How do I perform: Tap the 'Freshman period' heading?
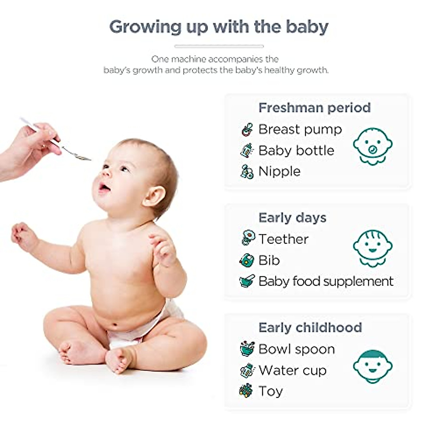coord(315,108)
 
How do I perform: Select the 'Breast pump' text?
coord(300,130)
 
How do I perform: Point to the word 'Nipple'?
coord(279,172)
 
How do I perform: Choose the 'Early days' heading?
coord(292,218)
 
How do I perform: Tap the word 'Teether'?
coord(284,239)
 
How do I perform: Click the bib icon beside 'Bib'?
coord(246,260)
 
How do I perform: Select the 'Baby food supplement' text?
coord(326,281)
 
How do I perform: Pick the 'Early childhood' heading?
coord(310,327)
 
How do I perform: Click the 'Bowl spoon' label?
coord(297,349)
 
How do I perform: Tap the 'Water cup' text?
coord(292,370)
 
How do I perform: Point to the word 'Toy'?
coord(271,391)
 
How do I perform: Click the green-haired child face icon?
coord(373,366)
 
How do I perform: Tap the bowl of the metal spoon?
coord(82,157)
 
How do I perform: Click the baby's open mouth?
coord(104,187)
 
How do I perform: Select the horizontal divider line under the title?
coord(219,46)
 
